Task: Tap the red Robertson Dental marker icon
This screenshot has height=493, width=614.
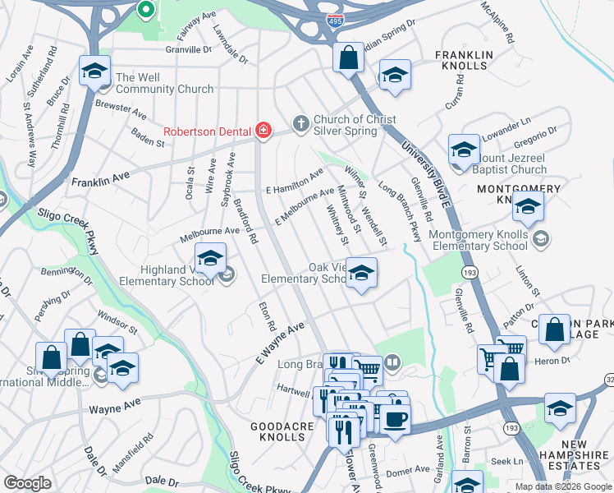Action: click(x=263, y=129)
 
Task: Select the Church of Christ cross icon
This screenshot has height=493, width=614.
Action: click(x=300, y=123)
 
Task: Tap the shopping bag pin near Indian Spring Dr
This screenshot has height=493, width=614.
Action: click(x=349, y=58)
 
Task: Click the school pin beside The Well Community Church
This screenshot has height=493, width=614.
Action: click(x=95, y=71)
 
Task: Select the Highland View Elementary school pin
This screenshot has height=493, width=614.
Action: click(x=210, y=258)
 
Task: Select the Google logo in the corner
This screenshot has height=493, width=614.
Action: click(x=27, y=483)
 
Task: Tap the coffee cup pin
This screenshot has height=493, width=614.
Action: click(x=395, y=419)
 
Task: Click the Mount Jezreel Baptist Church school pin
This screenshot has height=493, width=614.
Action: click(x=464, y=150)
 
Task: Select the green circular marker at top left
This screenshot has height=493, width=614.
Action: click(x=145, y=10)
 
